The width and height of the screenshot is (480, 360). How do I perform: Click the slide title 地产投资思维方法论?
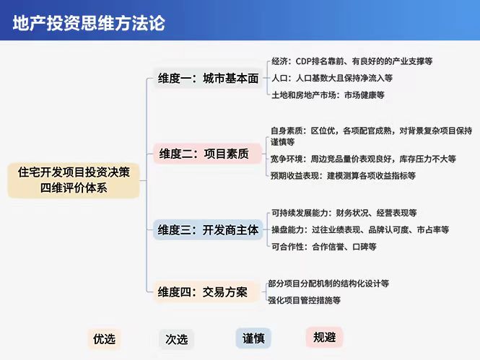point(89,23)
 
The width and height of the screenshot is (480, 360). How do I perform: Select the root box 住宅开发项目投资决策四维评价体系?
point(74,180)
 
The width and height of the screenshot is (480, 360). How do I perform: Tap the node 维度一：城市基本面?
point(208,79)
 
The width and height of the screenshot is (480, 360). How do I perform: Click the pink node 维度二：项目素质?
point(207,154)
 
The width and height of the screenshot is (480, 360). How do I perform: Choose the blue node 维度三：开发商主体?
point(208,229)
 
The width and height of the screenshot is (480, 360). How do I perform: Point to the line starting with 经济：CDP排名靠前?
point(352,61)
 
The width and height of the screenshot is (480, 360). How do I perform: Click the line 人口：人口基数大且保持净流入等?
point(332,78)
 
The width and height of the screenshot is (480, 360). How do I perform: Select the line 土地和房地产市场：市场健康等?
point(328,95)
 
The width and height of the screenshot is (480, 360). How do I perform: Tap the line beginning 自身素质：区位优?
point(371,136)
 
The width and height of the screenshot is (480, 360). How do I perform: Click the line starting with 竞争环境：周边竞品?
point(363,159)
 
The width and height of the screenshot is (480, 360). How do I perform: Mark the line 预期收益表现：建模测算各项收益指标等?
point(343,175)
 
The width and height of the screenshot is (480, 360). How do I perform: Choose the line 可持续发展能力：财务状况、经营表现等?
point(344,213)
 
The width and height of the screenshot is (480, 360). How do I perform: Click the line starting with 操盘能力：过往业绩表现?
point(360,229)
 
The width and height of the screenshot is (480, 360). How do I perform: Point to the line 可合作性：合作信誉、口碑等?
point(324,247)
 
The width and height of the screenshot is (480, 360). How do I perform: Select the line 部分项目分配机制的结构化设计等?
point(328,284)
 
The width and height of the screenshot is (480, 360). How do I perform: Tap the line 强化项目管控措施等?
point(305,300)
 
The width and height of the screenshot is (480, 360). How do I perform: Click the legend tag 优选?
point(105,339)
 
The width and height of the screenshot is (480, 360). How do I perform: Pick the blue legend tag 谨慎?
point(253,338)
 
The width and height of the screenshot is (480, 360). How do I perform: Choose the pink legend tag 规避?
point(325,337)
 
